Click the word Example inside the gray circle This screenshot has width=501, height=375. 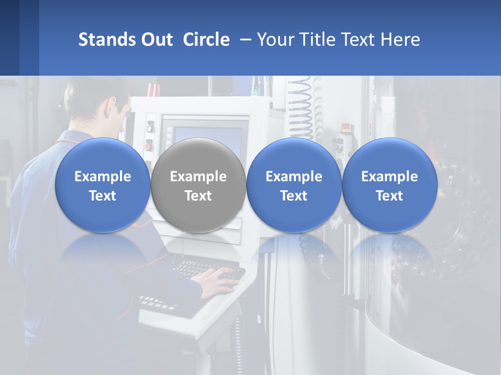(x=198, y=177)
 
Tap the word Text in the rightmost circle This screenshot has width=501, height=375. (x=389, y=196)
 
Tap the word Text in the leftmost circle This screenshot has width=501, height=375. (x=102, y=196)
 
